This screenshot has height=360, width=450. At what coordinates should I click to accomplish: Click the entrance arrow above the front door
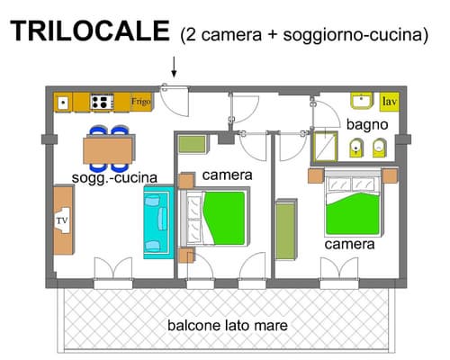coord(174,66)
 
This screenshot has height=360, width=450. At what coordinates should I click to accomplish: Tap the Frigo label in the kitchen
coord(141,102)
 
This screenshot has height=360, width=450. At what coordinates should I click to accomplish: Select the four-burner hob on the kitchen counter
coord(102,102)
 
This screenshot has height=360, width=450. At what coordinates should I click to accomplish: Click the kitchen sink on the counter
coord(62,103)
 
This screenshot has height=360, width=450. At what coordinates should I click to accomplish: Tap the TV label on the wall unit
coord(62,220)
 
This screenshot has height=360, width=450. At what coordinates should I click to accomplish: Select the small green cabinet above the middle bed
coord(191,142)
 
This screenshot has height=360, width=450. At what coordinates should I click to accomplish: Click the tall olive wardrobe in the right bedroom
coord(285,232)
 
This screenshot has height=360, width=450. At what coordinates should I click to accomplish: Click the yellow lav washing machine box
coord(389,102)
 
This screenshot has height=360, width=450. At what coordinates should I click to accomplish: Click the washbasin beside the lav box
coord(364,101)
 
